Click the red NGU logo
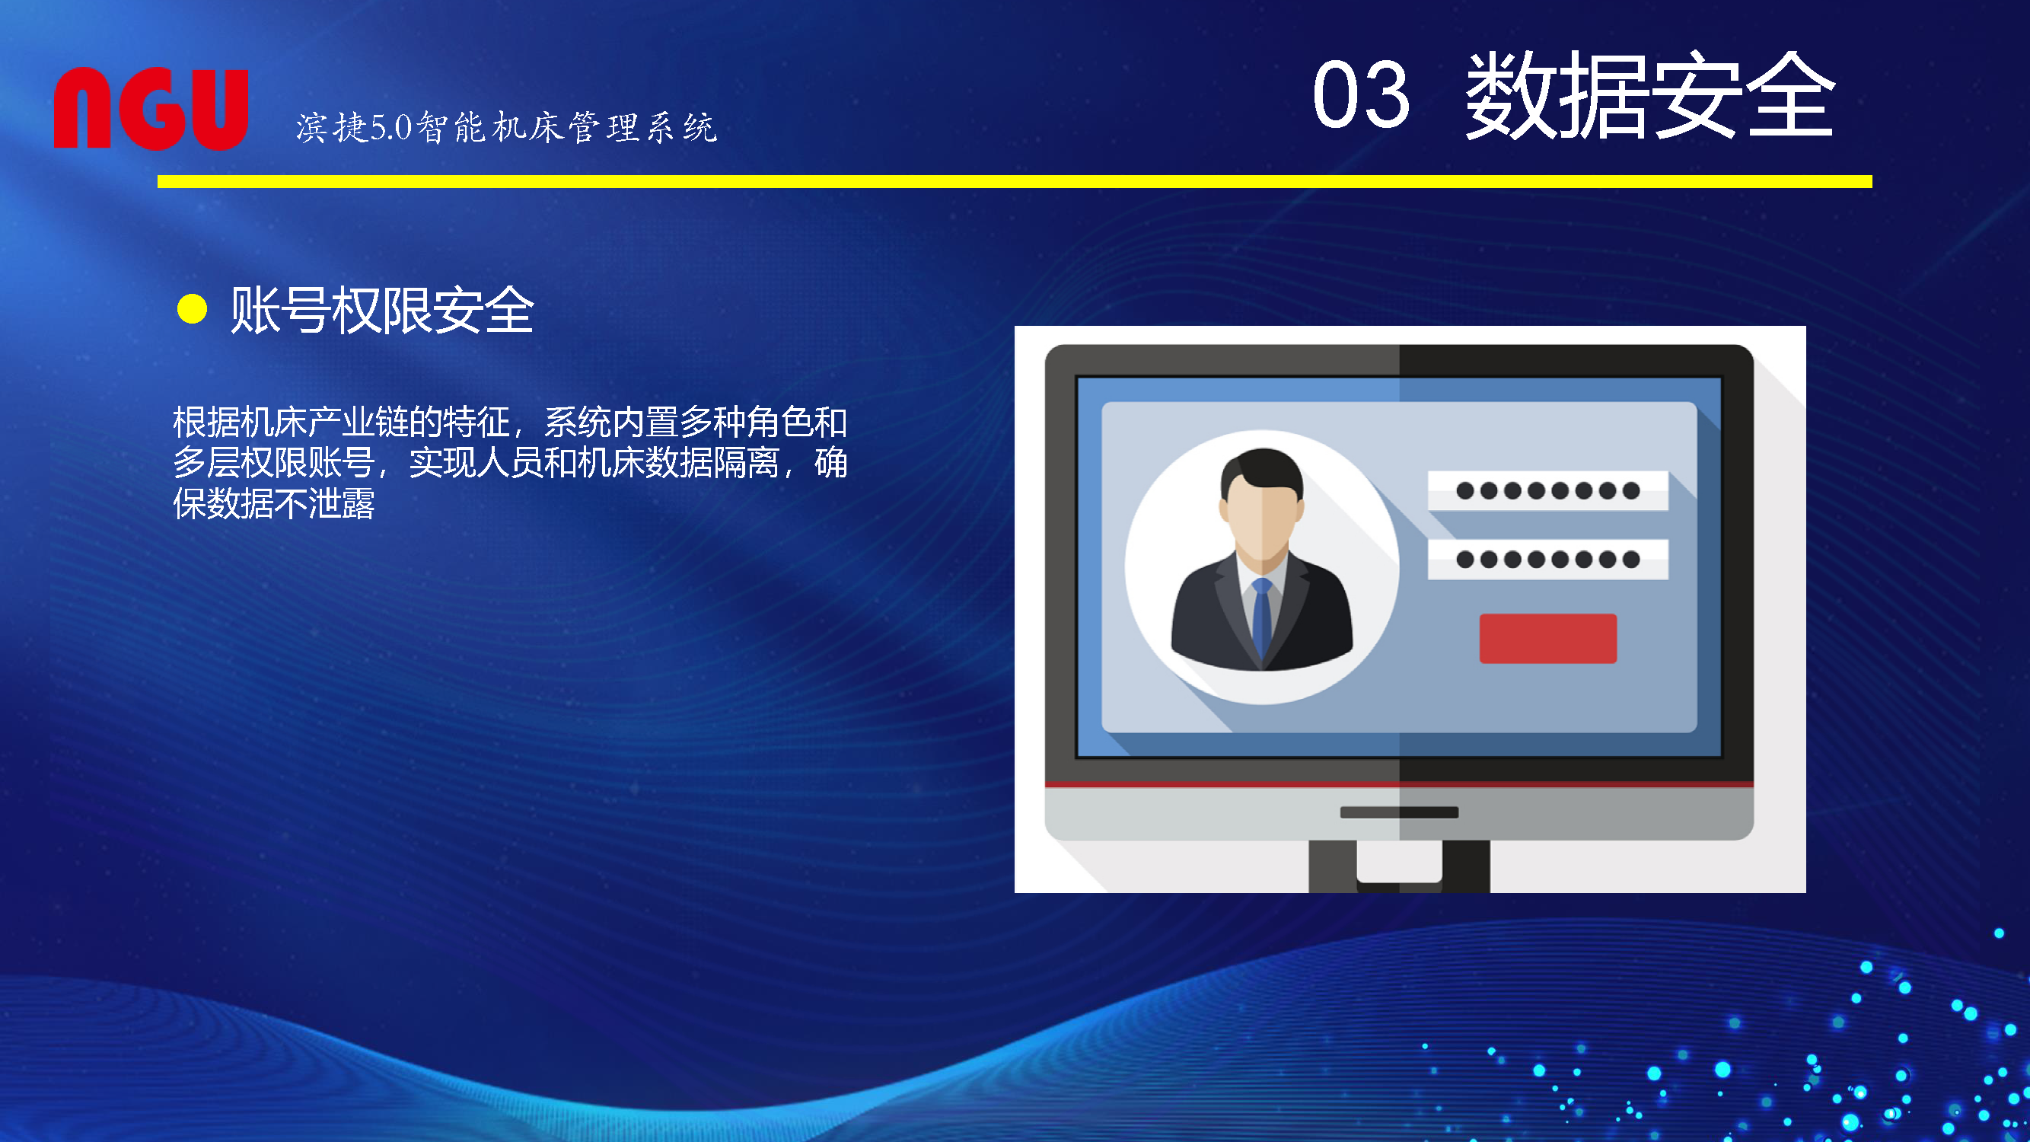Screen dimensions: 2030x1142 point(151,108)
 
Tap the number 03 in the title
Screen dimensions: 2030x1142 point(1361,95)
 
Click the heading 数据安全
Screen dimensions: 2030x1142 point(1650,95)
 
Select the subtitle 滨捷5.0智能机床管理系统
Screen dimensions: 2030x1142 point(507,128)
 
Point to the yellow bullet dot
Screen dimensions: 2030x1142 point(193,309)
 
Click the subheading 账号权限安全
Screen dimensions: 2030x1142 point(383,310)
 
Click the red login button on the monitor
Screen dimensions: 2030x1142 point(1547,639)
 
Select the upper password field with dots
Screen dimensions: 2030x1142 point(1547,491)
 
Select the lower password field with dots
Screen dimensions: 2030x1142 point(1547,560)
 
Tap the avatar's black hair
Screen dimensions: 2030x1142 point(1262,471)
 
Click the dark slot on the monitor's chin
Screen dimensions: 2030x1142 point(1399,812)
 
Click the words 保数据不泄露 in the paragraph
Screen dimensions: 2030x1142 point(273,503)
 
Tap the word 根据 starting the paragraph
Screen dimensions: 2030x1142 point(206,423)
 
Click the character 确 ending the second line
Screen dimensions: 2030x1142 point(830,463)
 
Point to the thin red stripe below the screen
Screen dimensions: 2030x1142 point(1399,784)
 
